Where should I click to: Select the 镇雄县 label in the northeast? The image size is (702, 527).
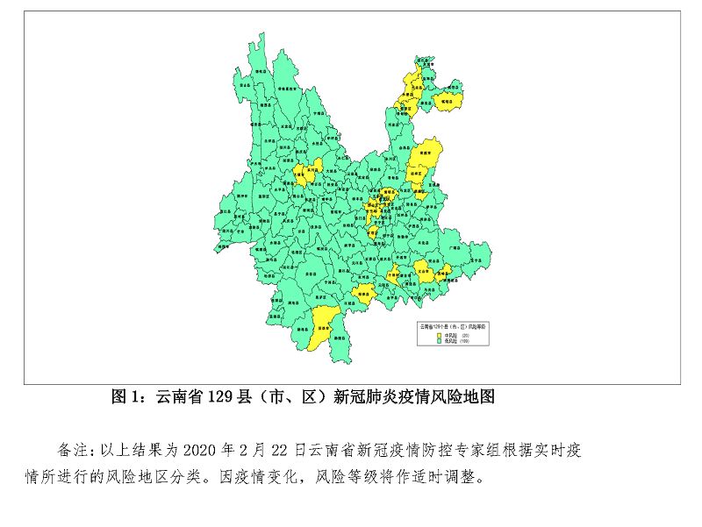447,101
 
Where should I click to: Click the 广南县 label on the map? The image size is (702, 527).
455,249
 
